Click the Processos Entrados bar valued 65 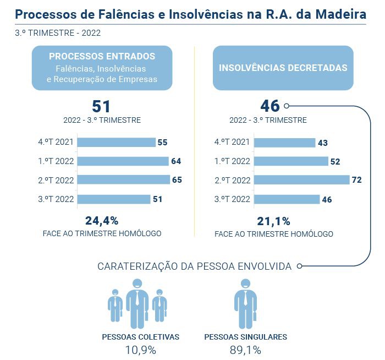point(123,180)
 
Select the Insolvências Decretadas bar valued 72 point(302,180)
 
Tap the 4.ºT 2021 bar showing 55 point(116,142)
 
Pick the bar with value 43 point(284,143)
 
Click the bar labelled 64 point(123,161)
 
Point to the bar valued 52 point(291,161)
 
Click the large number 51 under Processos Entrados point(102,106)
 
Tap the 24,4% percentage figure point(102,221)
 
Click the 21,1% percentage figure point(274,221)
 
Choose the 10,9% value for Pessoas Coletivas point(141,350)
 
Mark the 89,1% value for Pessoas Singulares point(245,350)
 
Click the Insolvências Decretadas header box point(283,68)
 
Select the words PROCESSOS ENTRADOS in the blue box point(102,56)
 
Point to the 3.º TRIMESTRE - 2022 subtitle point(58,33)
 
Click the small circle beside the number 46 point(287,106)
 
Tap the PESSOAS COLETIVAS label point(141,336)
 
